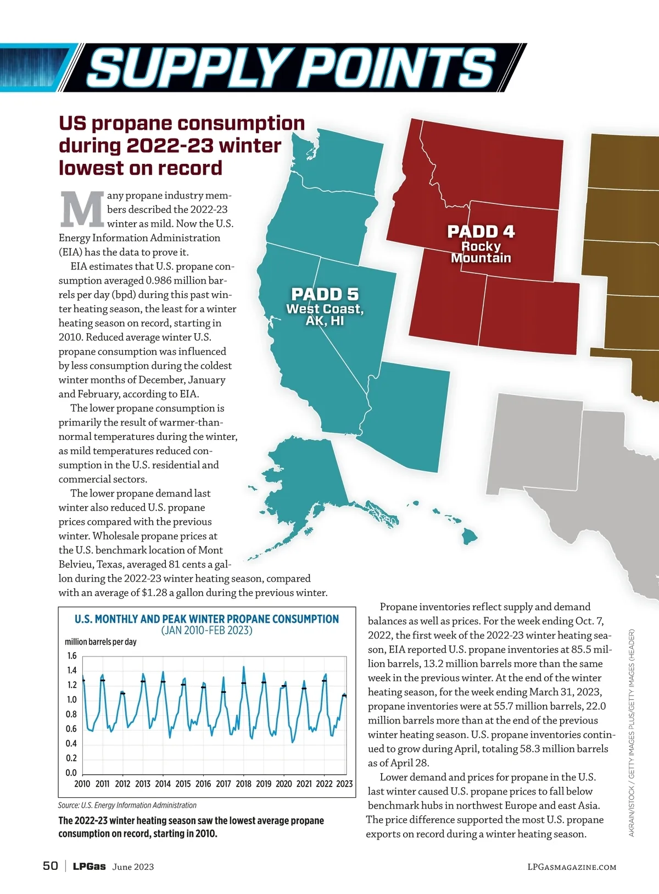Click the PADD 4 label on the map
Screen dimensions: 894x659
click(x=481, y=232)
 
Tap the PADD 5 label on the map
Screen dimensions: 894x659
click(x=325, y=295)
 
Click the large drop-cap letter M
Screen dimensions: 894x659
click(x=82, y=209)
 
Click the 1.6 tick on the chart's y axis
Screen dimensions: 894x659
click(x=71, y=656)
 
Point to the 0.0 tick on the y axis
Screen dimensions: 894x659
click(x=71, y=772)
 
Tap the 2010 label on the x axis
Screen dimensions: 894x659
click(x=82, y=784)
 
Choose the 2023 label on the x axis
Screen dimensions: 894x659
click(x=344, y=784)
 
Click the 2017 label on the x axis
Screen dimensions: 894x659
click(x=224, y=784)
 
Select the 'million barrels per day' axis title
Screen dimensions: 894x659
click(x=100, y=642)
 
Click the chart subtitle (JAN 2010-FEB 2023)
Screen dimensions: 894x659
click(x=206, y=631)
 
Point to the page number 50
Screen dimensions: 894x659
click(x=50, y=866)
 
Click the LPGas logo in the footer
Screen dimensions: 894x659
click(x=89, y=867)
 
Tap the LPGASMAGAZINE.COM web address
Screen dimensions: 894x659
click(x=571, y=867)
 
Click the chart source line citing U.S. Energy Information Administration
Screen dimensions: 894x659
click(x=127, y=805)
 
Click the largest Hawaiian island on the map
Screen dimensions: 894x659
click(x=470, y=535)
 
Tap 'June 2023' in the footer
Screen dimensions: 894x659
click(x=133, y=867)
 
